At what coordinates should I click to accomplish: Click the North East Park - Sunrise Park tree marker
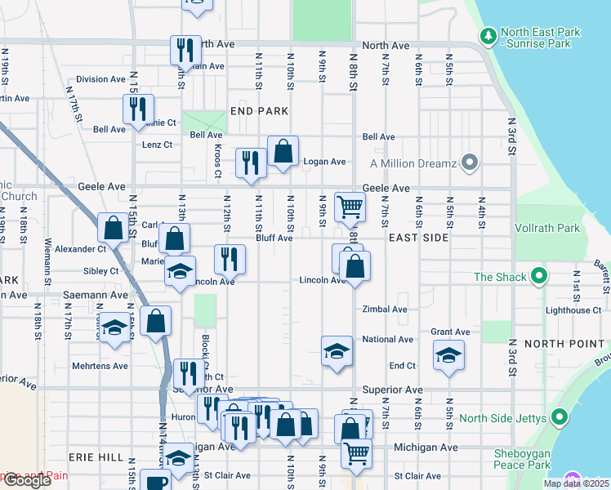pos(488,36)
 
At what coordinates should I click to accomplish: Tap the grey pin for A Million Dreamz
pos(469,163)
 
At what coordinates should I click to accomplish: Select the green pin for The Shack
pos(538,277)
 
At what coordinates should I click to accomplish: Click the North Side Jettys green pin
pos(560,418)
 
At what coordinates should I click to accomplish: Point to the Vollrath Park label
pos(547,229)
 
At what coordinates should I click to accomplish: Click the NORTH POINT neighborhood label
pos(564,344)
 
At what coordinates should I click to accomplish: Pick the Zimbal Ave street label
pos(385,310)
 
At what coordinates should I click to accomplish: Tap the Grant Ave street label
pos(450,332)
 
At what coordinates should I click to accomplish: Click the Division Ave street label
pos(100,79)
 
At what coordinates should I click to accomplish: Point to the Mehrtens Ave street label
pos(100,366)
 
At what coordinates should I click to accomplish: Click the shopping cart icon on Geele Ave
pos(350,207)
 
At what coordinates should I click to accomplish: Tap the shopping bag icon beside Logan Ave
pos(283,150)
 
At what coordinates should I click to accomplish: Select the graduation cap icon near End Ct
pos(448,354)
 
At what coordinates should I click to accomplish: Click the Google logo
pos(28,480)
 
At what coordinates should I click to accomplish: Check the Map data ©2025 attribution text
pos(576,483)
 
